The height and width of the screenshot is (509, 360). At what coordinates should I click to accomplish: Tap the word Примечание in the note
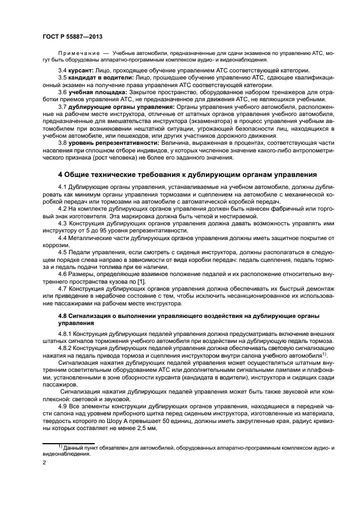coord(78,53)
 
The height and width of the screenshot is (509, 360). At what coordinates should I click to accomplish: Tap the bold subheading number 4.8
coord(64,316)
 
